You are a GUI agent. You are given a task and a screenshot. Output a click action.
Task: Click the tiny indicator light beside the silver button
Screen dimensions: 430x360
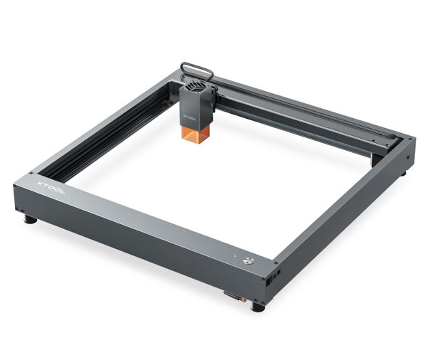click(x=235, y=256)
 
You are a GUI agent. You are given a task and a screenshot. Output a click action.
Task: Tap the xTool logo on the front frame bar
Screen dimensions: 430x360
click(x=51, y=188)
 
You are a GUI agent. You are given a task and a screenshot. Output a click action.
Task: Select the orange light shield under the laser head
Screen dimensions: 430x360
click(x=196, y=134)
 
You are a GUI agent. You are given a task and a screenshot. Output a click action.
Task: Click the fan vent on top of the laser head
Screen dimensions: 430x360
click(x=195, y=86)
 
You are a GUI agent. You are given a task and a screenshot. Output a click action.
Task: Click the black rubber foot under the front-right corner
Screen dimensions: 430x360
click(x=258, y=307)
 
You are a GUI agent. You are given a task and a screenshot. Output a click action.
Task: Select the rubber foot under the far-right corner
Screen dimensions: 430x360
click(x=404, y=174)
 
